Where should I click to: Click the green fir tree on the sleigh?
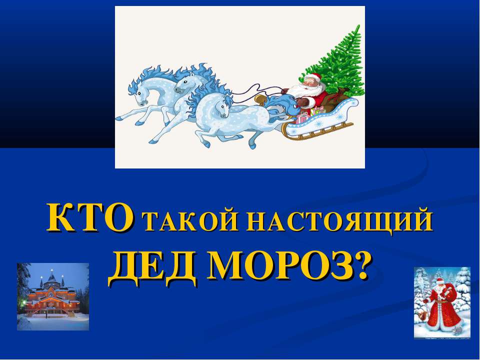pyautogui.click(x=340, y=65)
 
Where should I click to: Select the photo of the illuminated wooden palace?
pyautogui.click(x=53, y=296)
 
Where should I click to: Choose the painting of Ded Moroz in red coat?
pyautogui.click(x=442, y=302)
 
